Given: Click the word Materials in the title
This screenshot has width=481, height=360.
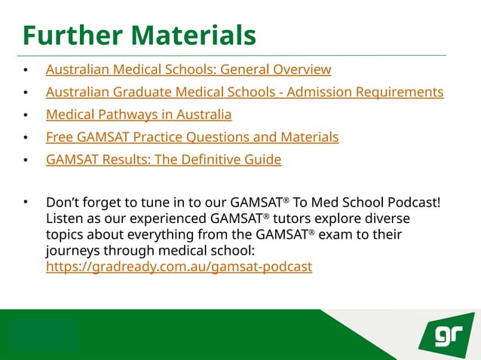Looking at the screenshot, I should point(196,35).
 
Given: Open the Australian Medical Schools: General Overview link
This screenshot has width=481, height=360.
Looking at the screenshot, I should point(188,70).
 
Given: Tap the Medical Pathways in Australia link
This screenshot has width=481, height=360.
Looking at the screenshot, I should point(139,115).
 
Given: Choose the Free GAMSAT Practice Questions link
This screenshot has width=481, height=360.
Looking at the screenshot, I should point(192,137).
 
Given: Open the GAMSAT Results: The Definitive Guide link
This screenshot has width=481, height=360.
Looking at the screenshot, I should point(164,160).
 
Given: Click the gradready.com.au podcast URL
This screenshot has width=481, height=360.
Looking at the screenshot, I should point(179,267).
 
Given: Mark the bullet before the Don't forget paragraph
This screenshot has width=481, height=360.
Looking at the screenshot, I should point(26,203).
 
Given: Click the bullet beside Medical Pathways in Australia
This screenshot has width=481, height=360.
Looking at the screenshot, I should point(26,115).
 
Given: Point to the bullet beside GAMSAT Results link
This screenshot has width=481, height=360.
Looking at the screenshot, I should point(26,160).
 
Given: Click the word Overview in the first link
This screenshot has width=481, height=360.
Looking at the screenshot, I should point(302,70).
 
